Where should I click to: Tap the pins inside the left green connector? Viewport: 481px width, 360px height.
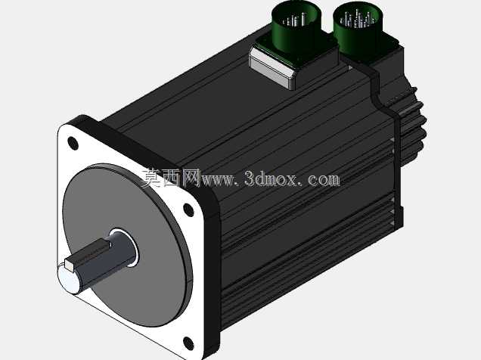294,20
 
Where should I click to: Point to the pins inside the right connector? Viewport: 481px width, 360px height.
358,19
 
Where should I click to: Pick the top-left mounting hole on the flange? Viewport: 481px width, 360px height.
73,143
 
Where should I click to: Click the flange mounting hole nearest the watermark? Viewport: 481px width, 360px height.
188,209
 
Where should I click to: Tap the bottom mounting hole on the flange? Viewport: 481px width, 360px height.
188,343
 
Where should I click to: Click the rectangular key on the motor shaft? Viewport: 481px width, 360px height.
88,254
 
